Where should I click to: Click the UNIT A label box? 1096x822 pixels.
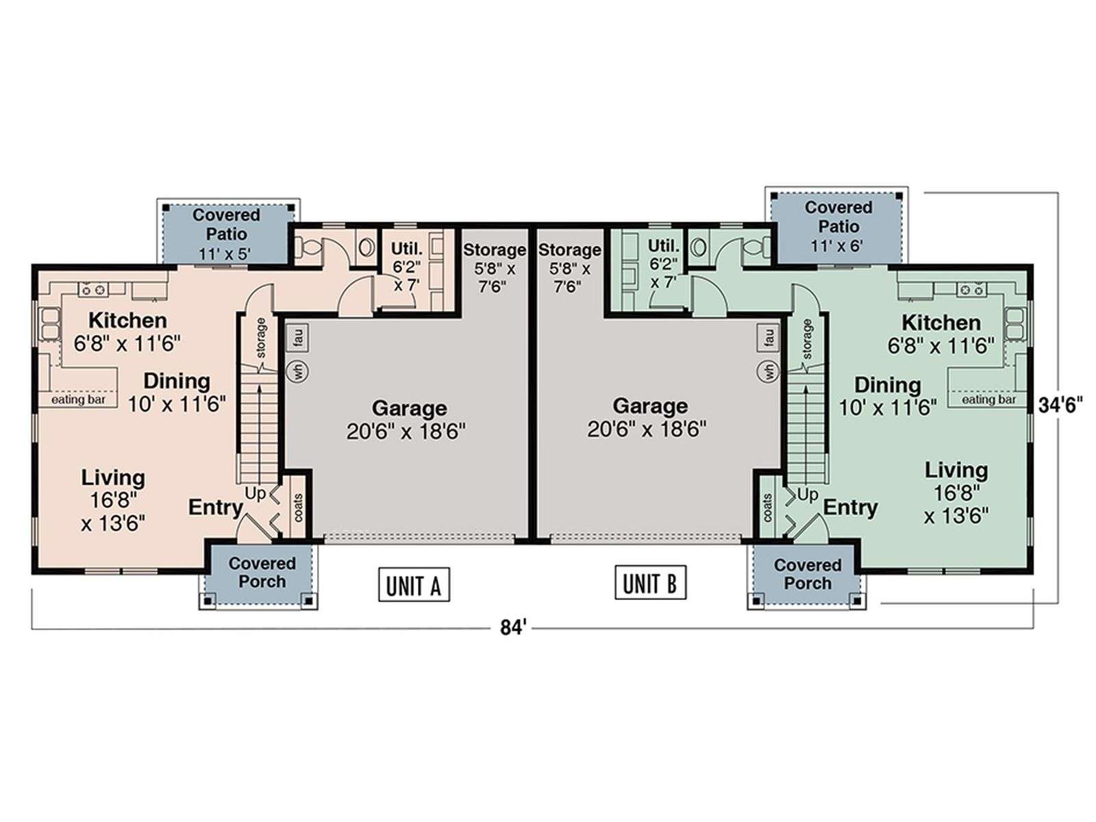tap(414, 584)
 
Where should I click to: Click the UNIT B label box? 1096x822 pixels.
tap(650, 582)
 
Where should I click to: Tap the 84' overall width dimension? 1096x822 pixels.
tap(514, 628)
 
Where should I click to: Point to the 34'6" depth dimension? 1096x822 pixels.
tap(1060, 406)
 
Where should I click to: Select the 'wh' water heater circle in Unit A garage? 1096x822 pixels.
tap(297, 371)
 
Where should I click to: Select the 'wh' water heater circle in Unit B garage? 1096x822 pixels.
tap(768, 371)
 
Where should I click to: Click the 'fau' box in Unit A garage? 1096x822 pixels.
tap(297, 338)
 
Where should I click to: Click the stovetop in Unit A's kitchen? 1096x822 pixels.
tap(93, 289)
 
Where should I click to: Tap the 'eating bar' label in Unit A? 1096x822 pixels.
tap(79, 399)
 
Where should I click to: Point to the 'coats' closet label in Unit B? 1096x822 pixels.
tap(768, 508)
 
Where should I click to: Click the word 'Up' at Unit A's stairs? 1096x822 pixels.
tap(255, 494)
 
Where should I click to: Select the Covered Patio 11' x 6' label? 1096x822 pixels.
tap(838, 226)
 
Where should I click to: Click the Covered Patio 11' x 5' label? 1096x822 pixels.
tap(226, 234)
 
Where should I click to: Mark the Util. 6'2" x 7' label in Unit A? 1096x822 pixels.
tap(406, 267)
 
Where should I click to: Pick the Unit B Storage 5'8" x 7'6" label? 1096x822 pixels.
tap(569, 268)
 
